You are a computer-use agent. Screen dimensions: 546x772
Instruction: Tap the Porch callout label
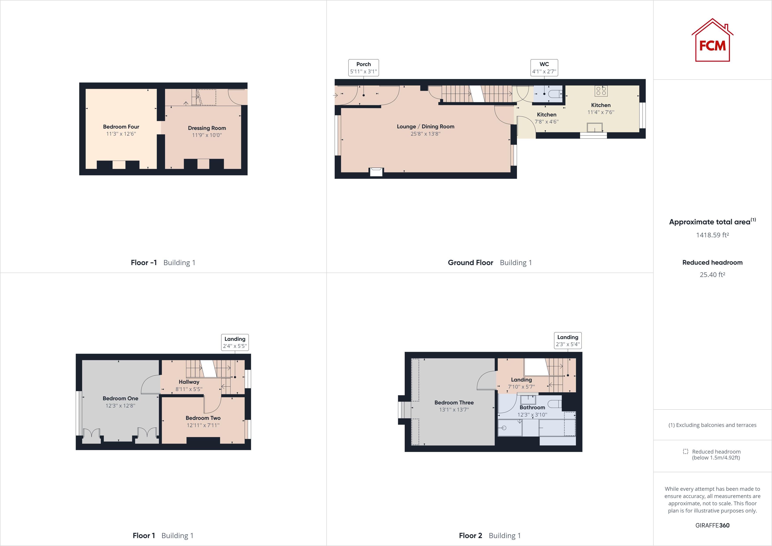coord(364,68)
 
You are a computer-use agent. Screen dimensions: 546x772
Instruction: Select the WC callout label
coord(544,68)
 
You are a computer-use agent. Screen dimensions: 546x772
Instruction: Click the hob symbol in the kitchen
coord(601,91)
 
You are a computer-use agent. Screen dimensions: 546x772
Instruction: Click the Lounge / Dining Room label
coord(425,127)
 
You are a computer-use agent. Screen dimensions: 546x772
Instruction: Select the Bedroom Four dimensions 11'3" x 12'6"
coord(121,134)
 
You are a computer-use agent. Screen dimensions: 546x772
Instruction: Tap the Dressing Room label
coord(207,128)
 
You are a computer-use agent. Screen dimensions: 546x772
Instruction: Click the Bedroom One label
coord(120,398)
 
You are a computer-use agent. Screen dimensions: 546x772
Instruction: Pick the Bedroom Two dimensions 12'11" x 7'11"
coord(203,425)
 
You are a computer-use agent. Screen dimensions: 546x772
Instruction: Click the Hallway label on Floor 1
coord(189,382)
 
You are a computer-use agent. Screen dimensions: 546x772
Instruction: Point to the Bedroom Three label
coord(454,402)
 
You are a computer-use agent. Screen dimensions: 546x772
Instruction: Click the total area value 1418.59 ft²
coord(712,235)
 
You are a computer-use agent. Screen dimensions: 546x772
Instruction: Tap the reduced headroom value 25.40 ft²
coord(712,275)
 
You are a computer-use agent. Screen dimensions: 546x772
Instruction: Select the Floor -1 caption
coord(143,263)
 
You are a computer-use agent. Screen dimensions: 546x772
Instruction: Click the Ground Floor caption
coord(470,263)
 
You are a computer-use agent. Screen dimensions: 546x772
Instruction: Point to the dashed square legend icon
coord(685,452)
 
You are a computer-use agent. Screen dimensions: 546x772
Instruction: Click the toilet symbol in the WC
coord(555,94)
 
